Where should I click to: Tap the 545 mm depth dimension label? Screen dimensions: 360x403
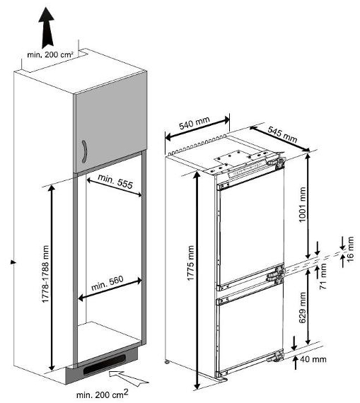pyautogui.click(x=282, y=134)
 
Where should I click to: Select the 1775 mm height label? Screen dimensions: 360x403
pyautogui.click(x=190, y=263)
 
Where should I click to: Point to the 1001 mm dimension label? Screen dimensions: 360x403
pyautogui.click(x=303, y=204)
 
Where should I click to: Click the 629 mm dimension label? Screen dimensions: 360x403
pyautogui.click(x=303, y=308)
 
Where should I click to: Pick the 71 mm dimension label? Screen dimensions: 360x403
pyautogui.click(x=323, y=276)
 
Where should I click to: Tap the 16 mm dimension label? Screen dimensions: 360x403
pyautogui.click(x=350, y=249)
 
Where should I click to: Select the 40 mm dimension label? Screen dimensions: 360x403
pyautogui.click(x=313, y=359)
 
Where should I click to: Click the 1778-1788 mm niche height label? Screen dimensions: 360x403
pyautogui.click(x=45, y=274)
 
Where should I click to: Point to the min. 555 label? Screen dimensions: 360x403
pyautogui.click(x=115, y=181)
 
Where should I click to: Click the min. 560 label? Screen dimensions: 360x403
pyautogui.click(x=108, y=283)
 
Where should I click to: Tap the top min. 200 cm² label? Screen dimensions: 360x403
pyautogui.click(x=50, y=54)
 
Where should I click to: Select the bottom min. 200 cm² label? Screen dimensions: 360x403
pyautogui.click(x=102, y=394)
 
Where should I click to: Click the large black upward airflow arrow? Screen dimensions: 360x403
pyautogui.click(x=46, y=27)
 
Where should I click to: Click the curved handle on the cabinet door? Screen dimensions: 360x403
pyautogui.click(x=84, y=151)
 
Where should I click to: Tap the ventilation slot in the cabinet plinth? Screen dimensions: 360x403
pyautogui.click(x=104, y=364)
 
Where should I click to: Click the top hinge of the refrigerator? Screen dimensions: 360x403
pyautogui.click(x=276, y=162)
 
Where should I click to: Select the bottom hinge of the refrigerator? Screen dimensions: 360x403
pyautogui.click(x=275, y=356)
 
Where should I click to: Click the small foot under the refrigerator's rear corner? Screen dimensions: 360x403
pyautogui.click(x=167, y=362)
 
